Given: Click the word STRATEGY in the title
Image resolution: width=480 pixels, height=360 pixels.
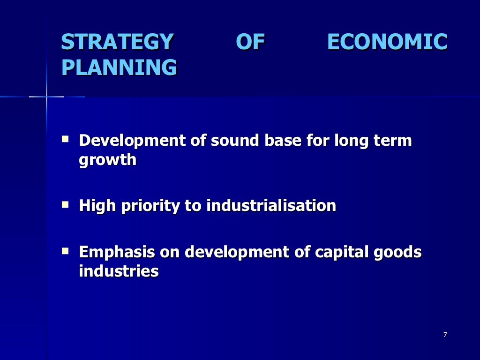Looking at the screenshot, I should click(117, 42).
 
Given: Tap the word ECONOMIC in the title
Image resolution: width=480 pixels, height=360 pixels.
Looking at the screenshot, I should click(387, 42).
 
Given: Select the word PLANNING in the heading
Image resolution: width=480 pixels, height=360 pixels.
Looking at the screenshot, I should click(119, 67).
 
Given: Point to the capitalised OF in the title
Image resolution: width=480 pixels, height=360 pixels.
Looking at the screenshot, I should click(250, 42).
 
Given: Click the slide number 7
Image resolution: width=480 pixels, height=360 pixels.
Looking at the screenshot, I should click(445, 335).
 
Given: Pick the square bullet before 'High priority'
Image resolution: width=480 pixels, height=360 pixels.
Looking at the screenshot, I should click(66, 204).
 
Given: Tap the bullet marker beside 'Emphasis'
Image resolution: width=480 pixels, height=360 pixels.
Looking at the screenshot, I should click(66, 251).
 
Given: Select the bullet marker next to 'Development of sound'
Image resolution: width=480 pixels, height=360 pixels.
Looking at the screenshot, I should click(66, 139).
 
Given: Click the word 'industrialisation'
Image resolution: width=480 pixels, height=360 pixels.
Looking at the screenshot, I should click(271, 205).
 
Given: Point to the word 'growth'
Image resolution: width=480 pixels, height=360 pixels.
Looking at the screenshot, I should click(108, 160).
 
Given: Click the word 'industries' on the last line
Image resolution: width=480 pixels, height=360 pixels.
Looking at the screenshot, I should click(119, 271).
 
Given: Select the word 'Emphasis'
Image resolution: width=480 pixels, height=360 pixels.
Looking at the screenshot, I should click(117, 252).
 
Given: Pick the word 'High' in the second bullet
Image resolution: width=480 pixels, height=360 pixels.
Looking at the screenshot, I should click(97, 205).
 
